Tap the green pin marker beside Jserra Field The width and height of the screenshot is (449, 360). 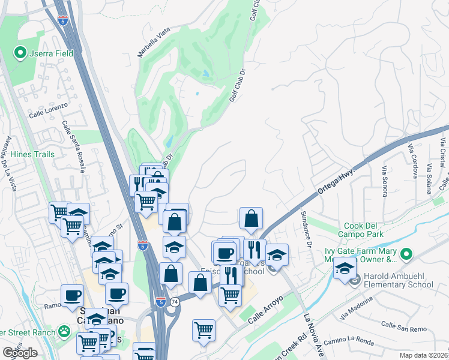pyautogui.click(x=20, y=53)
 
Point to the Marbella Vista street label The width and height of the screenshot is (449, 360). pyautogui.click(x=155, y=43)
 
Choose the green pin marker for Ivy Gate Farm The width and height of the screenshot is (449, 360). pyautogui.click(x=406, y=254)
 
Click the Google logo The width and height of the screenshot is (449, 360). pyautogui.click(x=20, y=352)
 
